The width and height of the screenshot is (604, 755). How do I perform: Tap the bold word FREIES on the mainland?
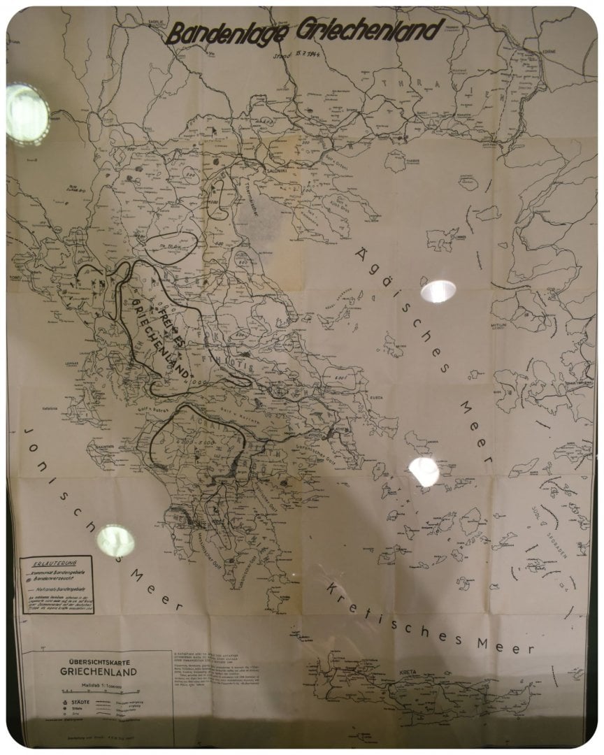tap(168, 322)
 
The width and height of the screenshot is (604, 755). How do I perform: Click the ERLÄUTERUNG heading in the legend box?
tap(57, 561)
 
